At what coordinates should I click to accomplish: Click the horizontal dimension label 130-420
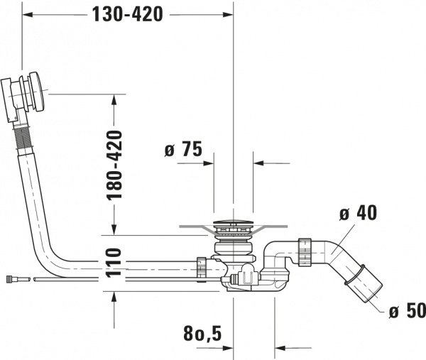coord(127,13)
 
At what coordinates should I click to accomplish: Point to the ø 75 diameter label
coord(182,150)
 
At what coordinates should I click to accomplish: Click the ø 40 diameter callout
coord(358,212)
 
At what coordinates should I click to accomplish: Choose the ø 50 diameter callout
coord(406,311)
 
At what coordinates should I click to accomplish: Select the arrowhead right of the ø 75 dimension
coord(258,163)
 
